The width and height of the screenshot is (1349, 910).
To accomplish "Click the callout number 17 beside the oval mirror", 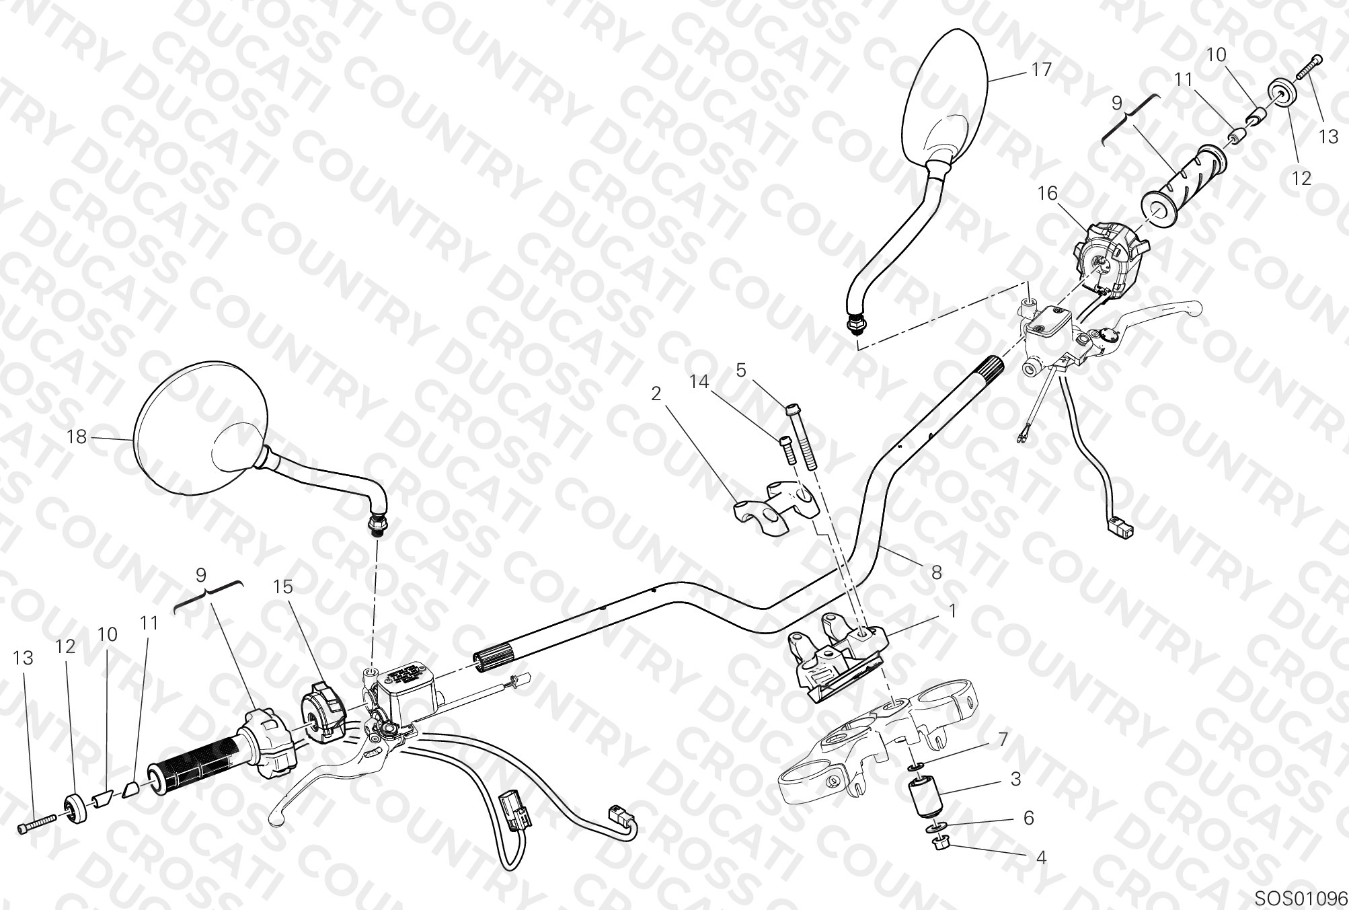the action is click(1041, 69).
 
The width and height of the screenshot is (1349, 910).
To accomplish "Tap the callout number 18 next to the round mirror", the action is click(77, 437).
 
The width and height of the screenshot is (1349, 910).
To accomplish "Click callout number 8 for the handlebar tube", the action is click(936, 572).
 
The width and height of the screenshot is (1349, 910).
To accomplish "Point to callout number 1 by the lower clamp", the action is click(952, 611).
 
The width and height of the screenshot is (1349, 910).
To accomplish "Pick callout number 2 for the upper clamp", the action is click(656, 393).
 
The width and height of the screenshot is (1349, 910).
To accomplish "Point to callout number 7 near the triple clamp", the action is click(1003, 739).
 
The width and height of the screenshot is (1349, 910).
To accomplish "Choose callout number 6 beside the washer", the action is click(1028, 818).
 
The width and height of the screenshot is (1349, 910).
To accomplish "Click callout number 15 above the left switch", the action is click(283, 587).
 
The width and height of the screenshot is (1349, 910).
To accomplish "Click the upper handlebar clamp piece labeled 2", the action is click(777, 498).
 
